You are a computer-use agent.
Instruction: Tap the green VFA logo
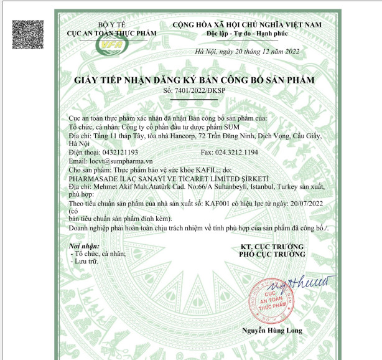coord(111,45)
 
